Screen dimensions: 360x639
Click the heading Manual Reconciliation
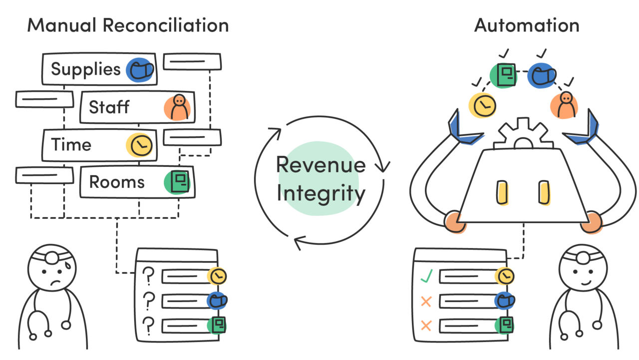point(128,24)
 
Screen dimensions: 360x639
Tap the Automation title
point(527,24)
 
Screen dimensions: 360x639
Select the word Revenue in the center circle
point(320,165)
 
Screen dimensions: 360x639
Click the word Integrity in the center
point(320,193)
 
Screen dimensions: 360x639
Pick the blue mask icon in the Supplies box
point(140,70)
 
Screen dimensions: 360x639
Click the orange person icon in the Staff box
point(177,107)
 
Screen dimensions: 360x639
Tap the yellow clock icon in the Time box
point(140,145)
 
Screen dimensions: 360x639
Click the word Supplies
point(85,69)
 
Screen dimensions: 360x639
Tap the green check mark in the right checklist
point(426,275)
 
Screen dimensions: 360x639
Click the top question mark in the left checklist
point(148,275)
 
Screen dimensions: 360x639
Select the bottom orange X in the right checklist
point(426,326)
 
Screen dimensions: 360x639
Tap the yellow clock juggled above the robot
point(482,104)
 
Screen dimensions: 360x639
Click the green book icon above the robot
point(504,74)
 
